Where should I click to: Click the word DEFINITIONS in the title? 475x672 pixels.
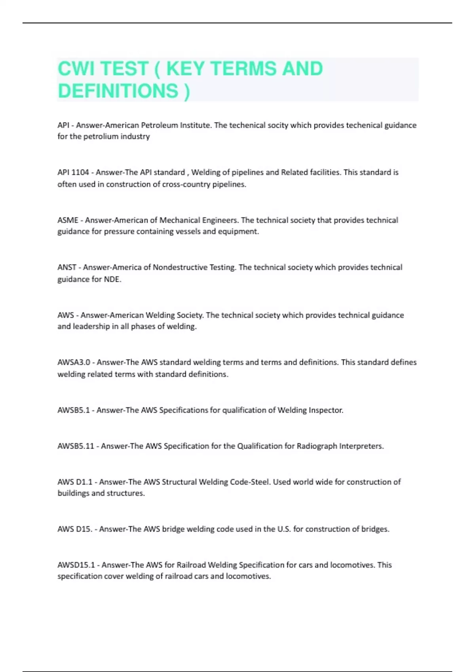(118, 91)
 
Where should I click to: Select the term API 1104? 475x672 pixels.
(73, 172)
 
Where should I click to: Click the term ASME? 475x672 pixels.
(68, 220)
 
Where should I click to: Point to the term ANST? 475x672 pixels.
(67, 268)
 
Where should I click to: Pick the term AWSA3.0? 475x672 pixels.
(74, 362)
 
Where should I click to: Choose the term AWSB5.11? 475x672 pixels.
(76, 446)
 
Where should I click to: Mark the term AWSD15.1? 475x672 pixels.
(76, 565)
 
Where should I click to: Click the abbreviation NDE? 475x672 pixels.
(112, 279)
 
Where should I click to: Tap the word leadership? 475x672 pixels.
(91, 327)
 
